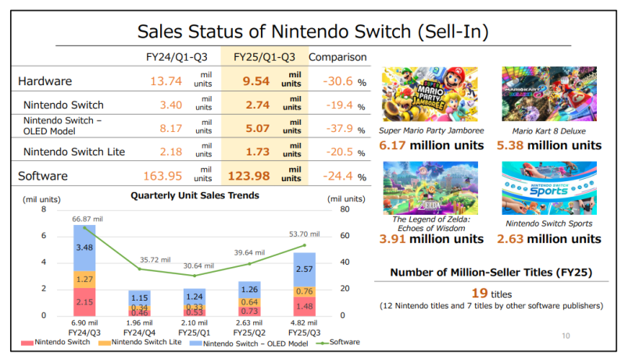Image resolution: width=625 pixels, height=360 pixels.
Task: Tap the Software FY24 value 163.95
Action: pos(160,176)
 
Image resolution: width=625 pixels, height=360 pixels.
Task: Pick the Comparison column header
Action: pos(337,57)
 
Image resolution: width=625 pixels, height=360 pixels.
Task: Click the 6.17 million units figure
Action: pos(431,145)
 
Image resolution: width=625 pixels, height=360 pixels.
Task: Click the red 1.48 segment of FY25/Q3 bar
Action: pos(305,306)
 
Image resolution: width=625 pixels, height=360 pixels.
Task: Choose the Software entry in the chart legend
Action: pos(343,343)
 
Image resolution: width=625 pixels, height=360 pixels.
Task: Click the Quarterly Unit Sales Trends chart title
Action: pos(195,196)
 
